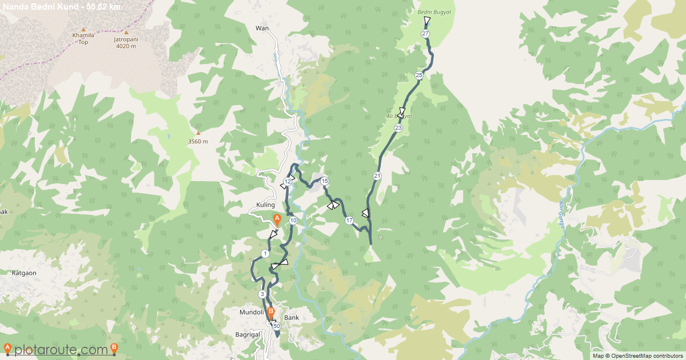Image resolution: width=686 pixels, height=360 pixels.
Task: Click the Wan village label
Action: pos(262,27)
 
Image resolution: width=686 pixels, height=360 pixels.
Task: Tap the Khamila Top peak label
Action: pos(83,38)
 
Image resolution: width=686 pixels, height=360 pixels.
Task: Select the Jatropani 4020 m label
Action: pos(126,42)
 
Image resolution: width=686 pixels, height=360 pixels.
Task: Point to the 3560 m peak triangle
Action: pos(198,133)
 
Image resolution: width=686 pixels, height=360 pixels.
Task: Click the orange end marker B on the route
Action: pos(271,313)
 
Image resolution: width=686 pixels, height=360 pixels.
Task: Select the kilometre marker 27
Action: pos(425,34)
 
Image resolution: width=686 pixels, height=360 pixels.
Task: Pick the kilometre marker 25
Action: pos(419,75)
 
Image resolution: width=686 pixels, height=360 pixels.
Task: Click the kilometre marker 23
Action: pos(398,128)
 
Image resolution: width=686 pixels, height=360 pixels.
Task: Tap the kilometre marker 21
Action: pos(377,175)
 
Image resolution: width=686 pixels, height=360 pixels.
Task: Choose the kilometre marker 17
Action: pos(349,221)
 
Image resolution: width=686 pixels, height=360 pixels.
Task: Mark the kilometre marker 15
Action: pos(325,181)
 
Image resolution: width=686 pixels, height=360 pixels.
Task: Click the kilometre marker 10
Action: pos(293,221)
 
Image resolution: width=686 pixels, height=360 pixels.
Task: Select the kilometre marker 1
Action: pos(265,253)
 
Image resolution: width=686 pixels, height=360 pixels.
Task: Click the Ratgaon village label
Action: pos(24,273)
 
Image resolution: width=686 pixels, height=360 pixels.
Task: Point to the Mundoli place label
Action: pos(252,313)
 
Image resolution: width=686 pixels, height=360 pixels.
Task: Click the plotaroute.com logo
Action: pos(61,349)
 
